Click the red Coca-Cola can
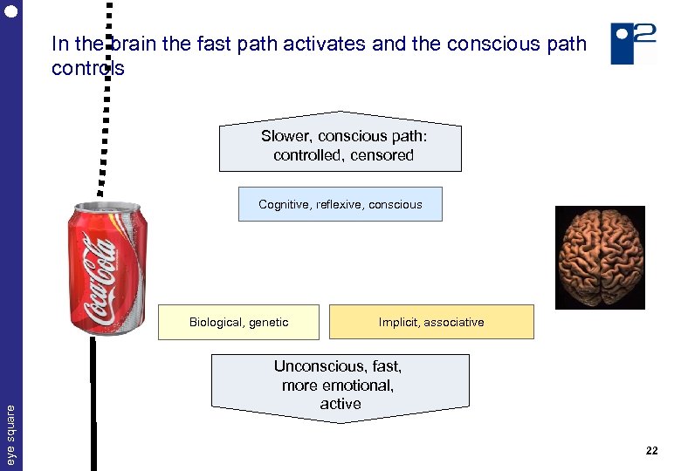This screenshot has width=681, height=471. tap(107, 270)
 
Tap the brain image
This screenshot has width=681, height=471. tap(601, 257)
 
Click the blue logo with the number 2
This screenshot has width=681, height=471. tap(633, 43)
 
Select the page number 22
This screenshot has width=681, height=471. tap(651, 451)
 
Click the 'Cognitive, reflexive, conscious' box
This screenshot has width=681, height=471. tap(340, 204)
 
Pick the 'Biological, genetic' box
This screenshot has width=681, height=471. tap(238, 322)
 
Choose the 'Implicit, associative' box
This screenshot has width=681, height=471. tap(430, 322)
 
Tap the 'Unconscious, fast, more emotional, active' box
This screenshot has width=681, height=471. tap(340, 386)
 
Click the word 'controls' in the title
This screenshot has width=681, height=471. tap(87, 68)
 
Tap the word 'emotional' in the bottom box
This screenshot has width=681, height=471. tap(357, 385)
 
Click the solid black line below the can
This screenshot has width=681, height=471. tap(93, 401)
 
